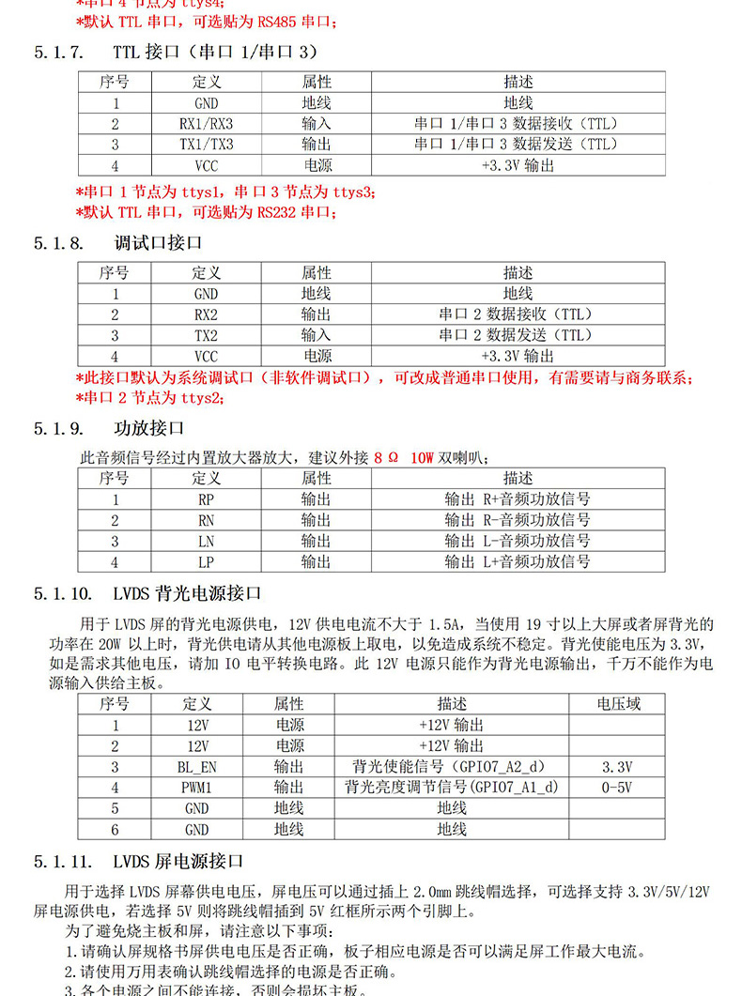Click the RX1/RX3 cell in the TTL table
[206, 123]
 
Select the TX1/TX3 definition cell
[206, 144]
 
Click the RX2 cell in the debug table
[206, 314]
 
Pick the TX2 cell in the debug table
[206, 335]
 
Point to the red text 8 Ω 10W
[403, 458]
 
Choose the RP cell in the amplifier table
[206, 499]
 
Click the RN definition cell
[206, 520]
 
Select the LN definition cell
[206, 541]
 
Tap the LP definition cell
[206, 561]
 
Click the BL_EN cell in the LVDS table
[196, 766]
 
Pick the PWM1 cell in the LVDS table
[196, 787]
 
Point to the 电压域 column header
[617, 704]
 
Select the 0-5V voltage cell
[617, 787]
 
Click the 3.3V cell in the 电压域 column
[617, 766]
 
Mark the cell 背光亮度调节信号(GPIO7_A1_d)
[452, 787]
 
